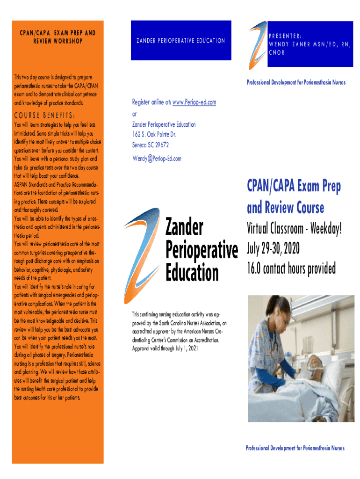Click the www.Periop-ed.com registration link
tap(194, 102)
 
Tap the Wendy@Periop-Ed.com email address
tap(157, 159)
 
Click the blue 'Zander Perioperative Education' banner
tap(180, 41)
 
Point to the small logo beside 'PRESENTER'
tap(257, 39)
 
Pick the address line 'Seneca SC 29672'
tap(150, 145)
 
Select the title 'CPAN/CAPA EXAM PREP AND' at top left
tap(58, 33)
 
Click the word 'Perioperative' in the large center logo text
tap(202, 250)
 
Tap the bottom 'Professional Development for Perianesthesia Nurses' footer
tap(295, 448)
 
